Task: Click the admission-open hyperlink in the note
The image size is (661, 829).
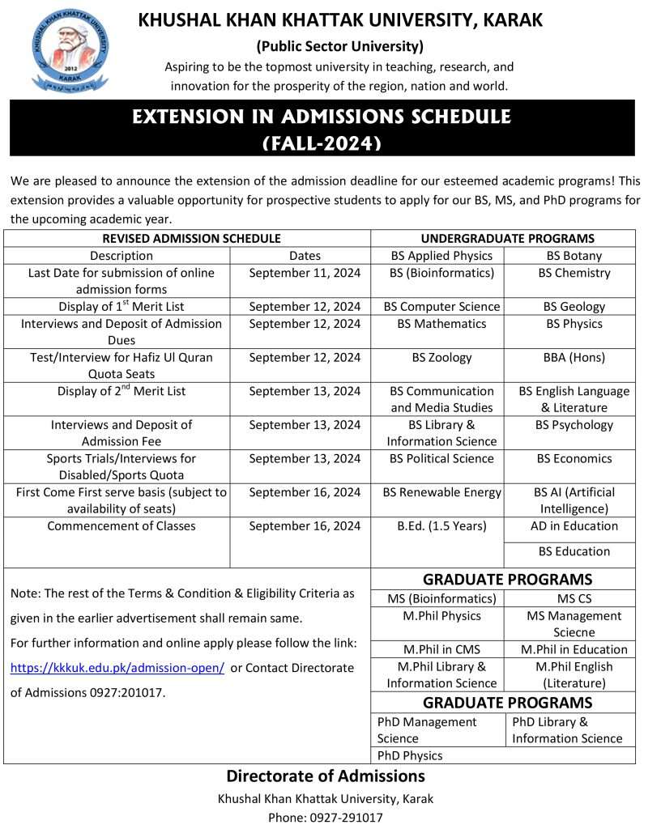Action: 117,668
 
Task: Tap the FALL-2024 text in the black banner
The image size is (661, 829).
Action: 322,143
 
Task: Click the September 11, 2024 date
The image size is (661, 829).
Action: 305,273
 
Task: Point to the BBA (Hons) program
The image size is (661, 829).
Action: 574,357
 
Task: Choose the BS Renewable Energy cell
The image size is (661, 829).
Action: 441,492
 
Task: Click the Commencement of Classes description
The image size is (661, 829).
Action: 122,526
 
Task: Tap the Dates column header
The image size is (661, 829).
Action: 305,256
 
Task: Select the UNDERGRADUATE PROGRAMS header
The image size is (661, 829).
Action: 507,238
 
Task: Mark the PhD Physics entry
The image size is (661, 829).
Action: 410,755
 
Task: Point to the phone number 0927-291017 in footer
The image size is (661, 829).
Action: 326,818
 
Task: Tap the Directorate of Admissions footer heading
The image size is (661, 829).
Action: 326,776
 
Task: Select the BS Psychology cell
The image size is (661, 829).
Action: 574,425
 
